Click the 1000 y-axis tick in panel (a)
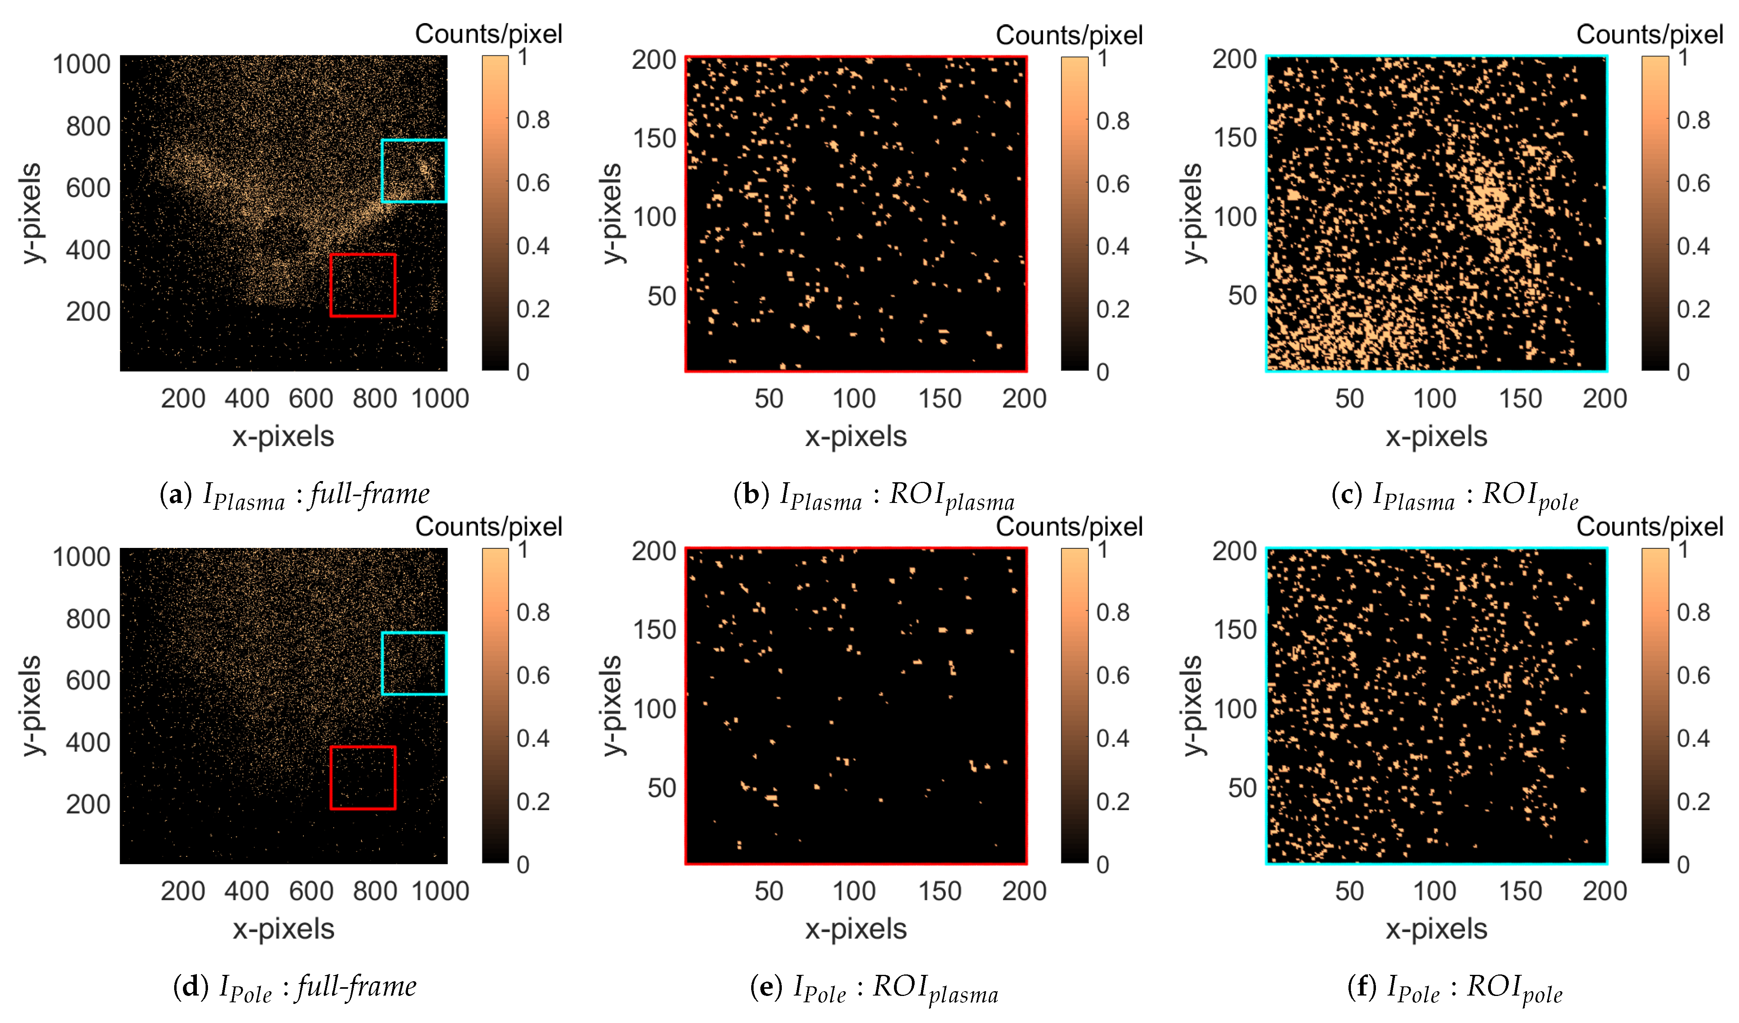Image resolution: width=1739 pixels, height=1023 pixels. coord(82,64)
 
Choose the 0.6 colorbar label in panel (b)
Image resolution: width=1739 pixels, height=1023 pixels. coord(1112,183)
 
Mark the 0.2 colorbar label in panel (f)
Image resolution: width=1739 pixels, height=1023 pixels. coord(1693,801)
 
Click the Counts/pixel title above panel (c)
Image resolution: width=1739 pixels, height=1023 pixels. coord(1649,35)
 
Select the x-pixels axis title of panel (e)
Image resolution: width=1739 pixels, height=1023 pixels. coord(856,929)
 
